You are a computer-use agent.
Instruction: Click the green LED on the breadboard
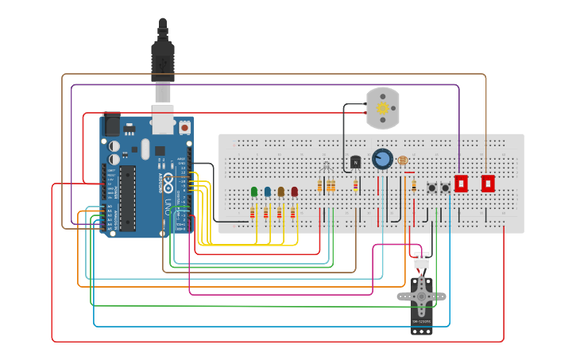(254, 192)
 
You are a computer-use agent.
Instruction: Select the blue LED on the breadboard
(268, 192)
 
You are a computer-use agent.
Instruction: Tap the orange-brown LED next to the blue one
(281, 192)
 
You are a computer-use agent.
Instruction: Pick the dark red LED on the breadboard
(295, 192)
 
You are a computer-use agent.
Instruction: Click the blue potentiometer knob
(382, 159)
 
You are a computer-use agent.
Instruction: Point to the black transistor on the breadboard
(355, 162)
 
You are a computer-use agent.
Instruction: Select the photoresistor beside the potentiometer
(402, 161)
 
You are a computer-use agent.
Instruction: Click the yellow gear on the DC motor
(382, 108)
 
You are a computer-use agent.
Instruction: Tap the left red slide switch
(461, 183)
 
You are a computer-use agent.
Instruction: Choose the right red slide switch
(488, 183)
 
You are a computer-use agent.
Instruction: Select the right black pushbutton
(446, 188)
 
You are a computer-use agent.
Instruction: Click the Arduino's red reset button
(184, 126)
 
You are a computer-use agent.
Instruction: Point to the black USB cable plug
(163, 60)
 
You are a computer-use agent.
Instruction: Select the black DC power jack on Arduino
(111, 125)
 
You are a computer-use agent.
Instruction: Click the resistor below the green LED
(253, 213)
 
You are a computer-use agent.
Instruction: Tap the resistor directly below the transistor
(355, 186)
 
